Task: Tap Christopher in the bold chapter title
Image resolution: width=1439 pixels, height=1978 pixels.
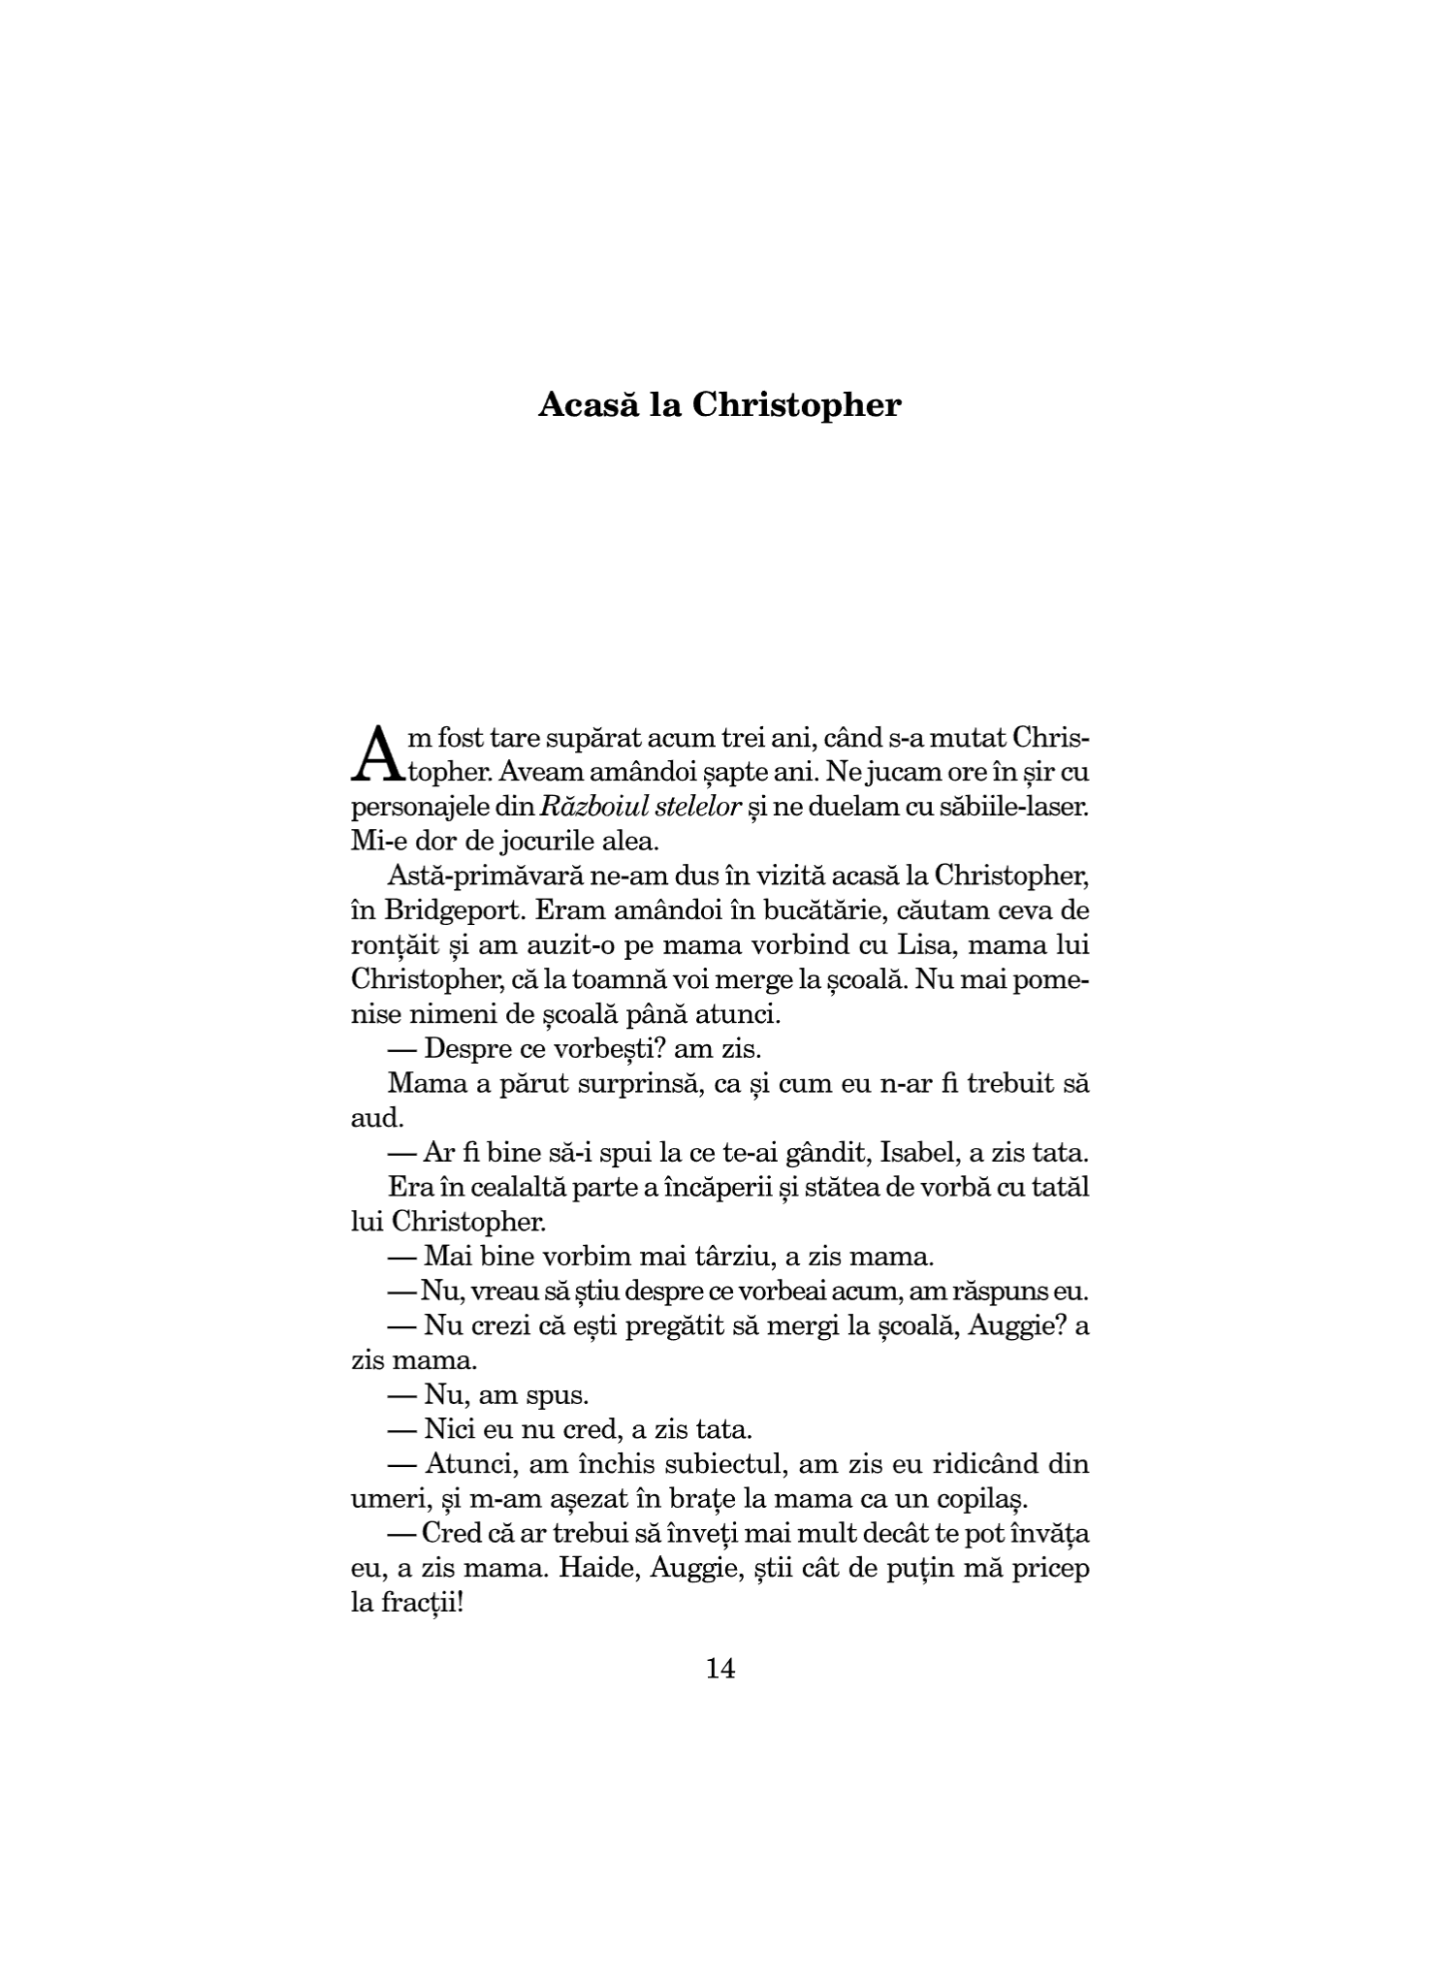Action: point(796,406)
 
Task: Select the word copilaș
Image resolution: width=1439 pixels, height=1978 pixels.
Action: point(975,1499)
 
